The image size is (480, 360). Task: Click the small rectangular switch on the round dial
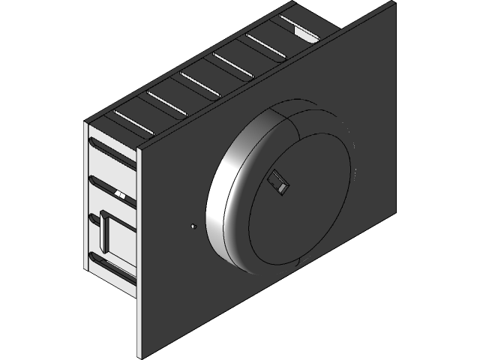point(279,183)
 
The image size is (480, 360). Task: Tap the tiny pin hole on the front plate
point(193,224)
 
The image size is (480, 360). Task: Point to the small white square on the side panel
point(121,196)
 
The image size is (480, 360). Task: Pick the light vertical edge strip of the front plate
point(137,247)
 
